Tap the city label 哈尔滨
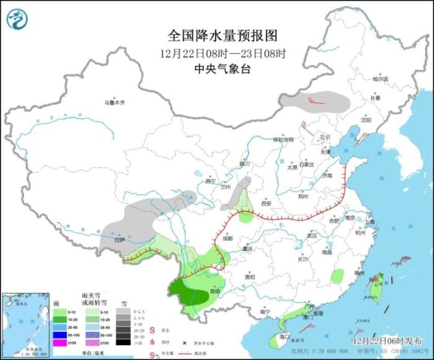(379, 79)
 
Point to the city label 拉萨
(120, 239)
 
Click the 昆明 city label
(215, 291)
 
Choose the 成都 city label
(226, 238)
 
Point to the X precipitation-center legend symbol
(184, 343)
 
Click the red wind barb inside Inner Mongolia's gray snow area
(319, 97)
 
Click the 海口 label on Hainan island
(285, 336)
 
